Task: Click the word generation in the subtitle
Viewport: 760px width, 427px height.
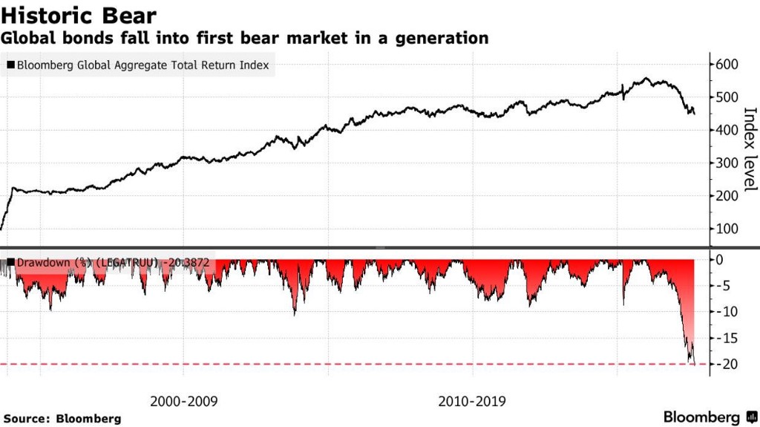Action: click(x=446, y=37)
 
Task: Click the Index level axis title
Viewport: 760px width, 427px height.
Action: click(x=750, y=148)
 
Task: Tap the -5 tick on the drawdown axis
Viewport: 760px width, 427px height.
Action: click(x=727, y=286)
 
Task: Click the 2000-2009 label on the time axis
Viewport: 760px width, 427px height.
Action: click(x=183, y=401)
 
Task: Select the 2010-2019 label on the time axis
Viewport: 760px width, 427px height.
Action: click(x=472, y=401)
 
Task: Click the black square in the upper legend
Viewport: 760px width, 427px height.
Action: click(x=10, y=65)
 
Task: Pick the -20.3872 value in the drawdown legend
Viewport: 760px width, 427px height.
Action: click(x=189, y=262)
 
